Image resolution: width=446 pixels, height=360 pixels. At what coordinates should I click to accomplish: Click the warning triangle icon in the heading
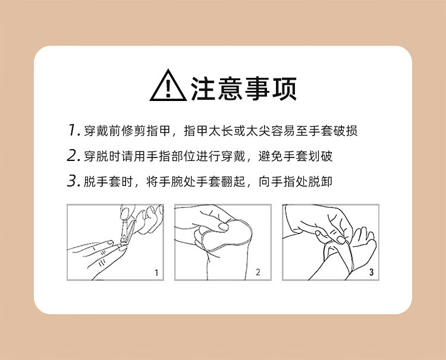pyautogui.click(x=168, y=86)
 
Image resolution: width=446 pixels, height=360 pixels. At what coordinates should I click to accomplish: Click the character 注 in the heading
pyautogui.click(x=203, y=89)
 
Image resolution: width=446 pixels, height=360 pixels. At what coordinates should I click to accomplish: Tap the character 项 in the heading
pyautogui.click(x=284, y=89)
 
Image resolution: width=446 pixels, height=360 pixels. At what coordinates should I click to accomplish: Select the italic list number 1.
pyautogui.click(x=74, y=130)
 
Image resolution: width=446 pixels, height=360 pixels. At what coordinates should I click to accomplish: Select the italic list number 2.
pyautogui.click(x=73, y=156)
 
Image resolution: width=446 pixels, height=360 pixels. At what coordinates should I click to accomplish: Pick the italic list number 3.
pyautogui.click(x=73, y=181)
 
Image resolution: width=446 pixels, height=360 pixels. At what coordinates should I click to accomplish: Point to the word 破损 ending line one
pyautogui.click(x=346, y=131)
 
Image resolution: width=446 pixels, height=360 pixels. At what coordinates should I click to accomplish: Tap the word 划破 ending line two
pyautogui.click(x=321, y=156)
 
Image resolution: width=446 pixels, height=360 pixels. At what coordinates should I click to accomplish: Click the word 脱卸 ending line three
pyautogui.click(x=321, y=182)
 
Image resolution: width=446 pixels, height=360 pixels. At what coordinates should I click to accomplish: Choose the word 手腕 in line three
pyautogui.click(x=171, y=182)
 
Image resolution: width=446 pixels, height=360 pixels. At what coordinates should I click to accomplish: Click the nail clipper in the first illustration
pyautogui.click(x=127, y=232)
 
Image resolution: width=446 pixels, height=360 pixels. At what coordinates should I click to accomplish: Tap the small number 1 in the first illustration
pyautogui.click(x=156, y=273)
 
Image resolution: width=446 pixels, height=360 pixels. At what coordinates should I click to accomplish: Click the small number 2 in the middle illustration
pyautogui.click(x=257, y=272)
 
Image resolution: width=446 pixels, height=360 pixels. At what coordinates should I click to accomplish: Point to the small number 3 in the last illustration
pyautogui.click(x=371, y=272)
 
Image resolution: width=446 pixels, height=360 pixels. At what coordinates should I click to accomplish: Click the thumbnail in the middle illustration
pyautogui.click(x=224, y=226)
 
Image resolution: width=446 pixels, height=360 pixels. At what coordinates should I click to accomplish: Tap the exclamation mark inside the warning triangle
pyautogui.click(x=168, y=88)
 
